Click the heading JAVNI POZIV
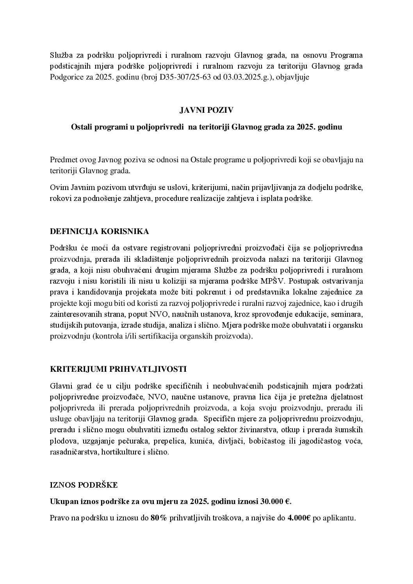pos(206,110)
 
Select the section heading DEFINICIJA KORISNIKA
pos(100,231)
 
